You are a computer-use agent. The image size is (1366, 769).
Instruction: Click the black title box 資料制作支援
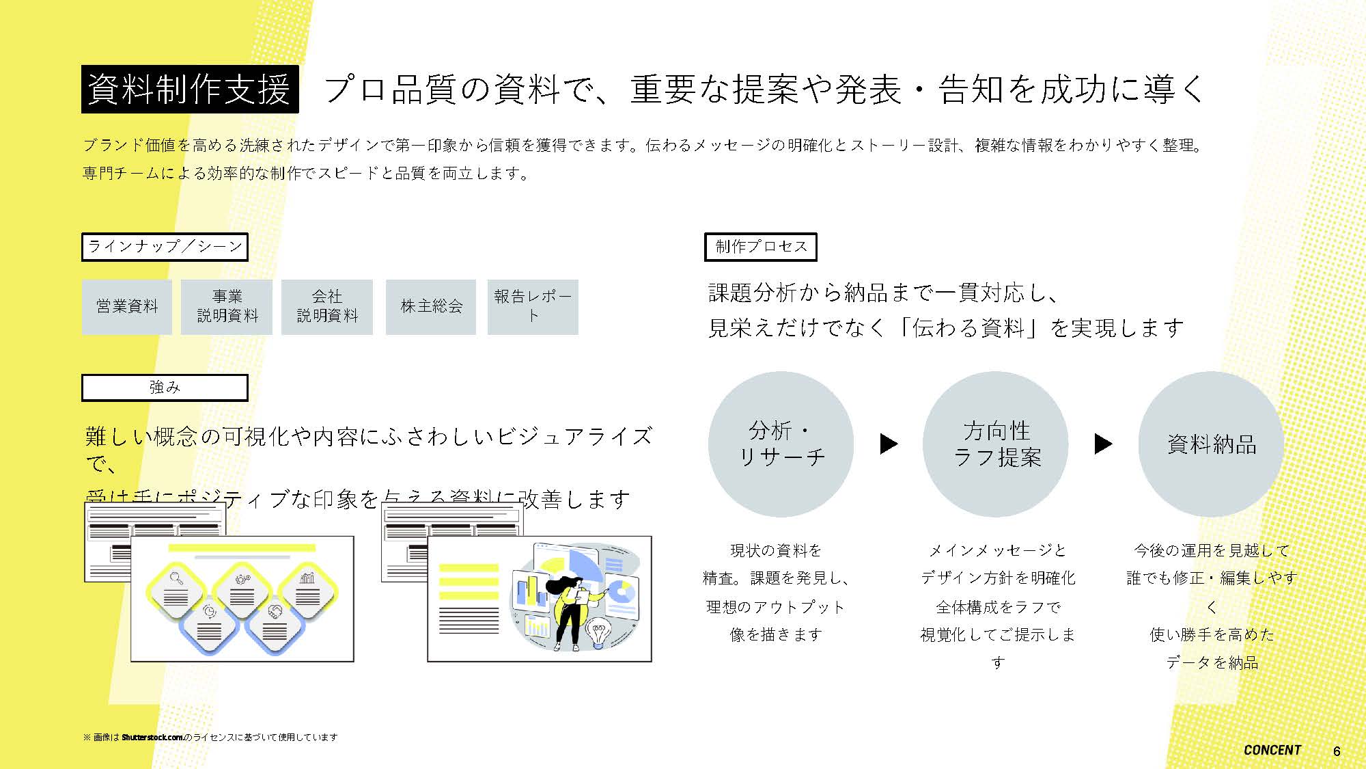tap(190, 89)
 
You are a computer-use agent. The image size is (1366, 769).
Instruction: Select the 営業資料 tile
tap(127, 307)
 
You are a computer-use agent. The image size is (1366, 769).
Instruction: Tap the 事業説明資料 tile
tap(227, 307)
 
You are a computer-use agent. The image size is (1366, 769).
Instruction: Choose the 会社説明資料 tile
tap(327, 307)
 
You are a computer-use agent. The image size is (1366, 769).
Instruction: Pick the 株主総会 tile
tap(431, 307)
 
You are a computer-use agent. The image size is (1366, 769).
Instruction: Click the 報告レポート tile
tap(533, 307)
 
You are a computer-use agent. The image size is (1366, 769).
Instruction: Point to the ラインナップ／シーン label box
tap(165, 247)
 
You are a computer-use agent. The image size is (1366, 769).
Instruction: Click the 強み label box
tap(165, 388)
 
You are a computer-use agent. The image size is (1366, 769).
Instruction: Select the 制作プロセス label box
tap(761, 247)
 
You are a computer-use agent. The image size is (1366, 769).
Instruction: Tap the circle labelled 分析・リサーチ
tap(781, 444)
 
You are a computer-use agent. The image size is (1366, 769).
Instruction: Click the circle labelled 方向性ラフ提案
tap(996, 444)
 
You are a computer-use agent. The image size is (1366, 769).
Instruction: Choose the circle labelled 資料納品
tap(1211, 444)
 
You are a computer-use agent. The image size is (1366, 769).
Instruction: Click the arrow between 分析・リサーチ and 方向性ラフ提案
tap(889, 444)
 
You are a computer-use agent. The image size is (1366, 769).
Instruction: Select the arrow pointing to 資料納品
tap(1103, 444)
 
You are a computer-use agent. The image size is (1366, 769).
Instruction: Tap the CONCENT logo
tap(1272, 750)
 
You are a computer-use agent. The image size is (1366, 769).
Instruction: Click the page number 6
tap(1337, 751)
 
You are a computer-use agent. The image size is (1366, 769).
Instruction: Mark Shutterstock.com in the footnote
tap(152, 738)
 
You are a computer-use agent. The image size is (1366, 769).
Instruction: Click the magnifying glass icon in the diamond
tap(177, 578)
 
